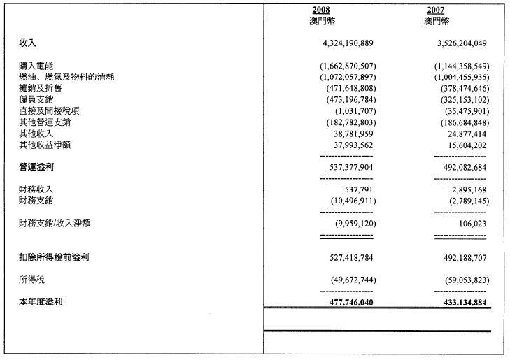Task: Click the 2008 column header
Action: pos(321,10)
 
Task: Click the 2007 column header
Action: pos(436,10)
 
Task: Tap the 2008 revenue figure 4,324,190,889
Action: pos(346,43)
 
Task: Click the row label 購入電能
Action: pos(37,65)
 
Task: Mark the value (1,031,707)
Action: pos(357,110)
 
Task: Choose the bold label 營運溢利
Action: pos(37,168)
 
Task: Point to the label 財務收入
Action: pos(37,189)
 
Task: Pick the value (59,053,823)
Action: pos(457,280)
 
